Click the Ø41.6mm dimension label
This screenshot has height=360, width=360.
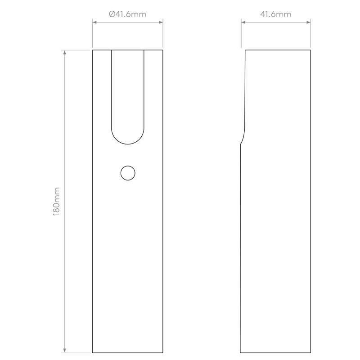coord(127,14)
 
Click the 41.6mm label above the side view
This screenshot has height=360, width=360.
coord(276,14)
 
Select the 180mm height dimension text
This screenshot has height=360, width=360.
coord(57,201)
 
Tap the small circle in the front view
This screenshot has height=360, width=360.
coord(128,173)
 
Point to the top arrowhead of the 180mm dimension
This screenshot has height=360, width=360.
coord(64,52)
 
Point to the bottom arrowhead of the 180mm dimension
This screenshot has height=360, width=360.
coord(64,351)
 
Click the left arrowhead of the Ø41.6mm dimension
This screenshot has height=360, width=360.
coord(94,22)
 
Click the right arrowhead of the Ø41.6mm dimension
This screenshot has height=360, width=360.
coord(161,22)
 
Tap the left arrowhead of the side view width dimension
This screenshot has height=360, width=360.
coord(243,22)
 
